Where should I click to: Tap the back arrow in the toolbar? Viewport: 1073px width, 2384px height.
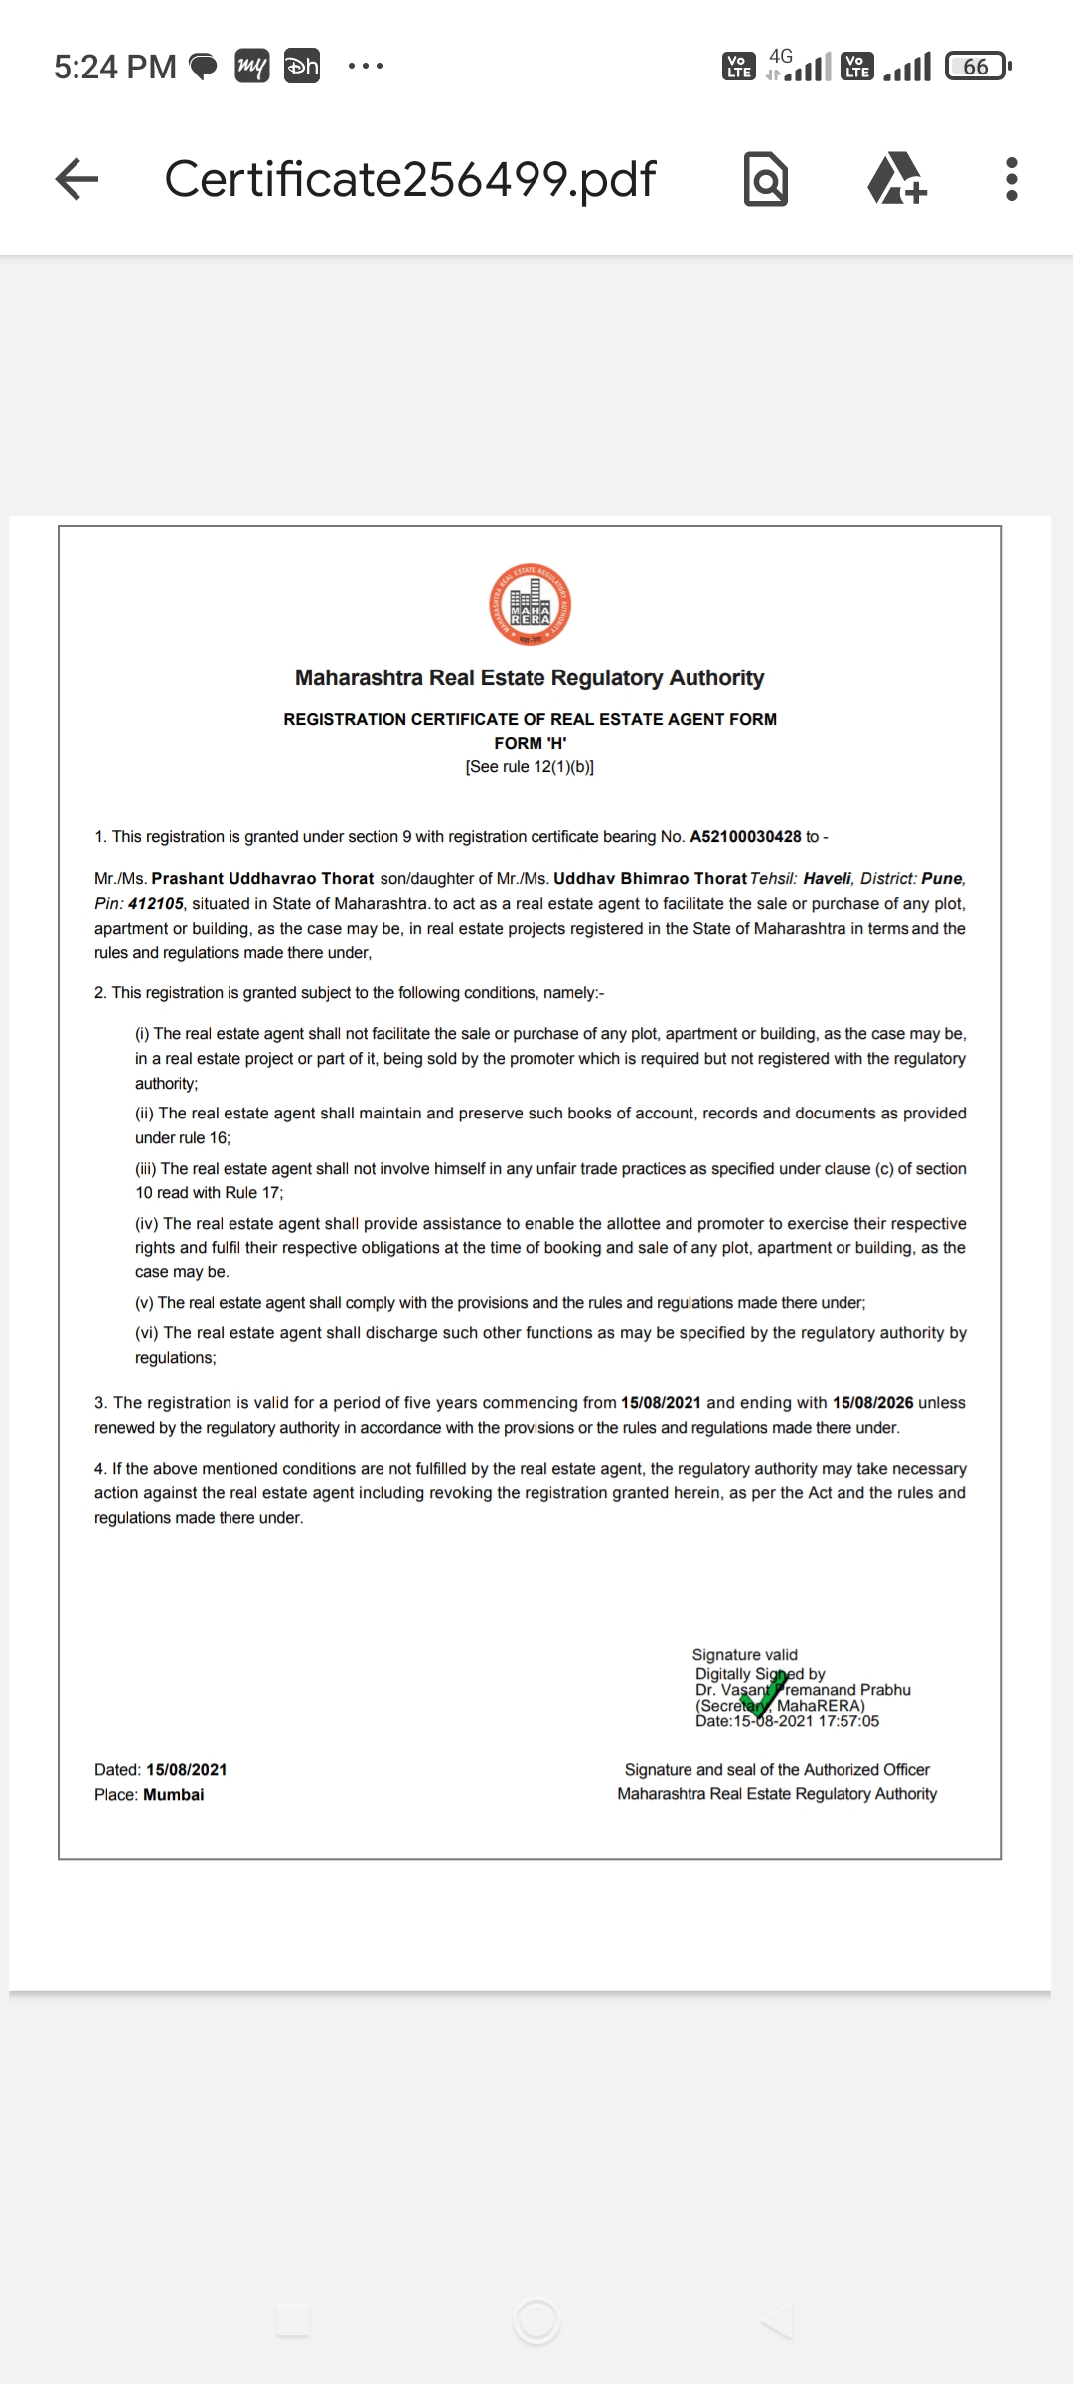77,180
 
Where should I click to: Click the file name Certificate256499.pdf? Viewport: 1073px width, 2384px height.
409,180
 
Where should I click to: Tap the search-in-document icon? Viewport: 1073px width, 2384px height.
765,180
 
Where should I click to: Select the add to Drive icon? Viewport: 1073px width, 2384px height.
896,180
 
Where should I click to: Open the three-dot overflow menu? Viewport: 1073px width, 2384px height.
1011,180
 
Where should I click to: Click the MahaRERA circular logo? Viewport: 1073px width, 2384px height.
530,605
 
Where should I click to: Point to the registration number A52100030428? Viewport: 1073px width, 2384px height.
745,837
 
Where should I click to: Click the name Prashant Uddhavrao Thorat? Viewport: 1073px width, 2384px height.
262,879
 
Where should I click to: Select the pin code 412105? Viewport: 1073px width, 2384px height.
156,904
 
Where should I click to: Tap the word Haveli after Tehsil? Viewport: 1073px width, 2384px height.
828,879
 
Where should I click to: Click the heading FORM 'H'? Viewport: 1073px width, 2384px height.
530,743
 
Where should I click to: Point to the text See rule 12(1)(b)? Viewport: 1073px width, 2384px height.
530,767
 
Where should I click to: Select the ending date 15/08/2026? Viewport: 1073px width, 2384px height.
872,1403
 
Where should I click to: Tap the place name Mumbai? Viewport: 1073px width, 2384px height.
174,1795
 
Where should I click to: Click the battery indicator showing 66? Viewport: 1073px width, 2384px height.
977,67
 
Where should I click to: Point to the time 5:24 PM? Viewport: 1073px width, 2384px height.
114,67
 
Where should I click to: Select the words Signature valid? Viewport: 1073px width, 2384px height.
744,1655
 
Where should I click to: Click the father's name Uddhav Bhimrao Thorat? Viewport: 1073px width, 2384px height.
650,879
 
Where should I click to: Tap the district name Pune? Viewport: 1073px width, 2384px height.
942,879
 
